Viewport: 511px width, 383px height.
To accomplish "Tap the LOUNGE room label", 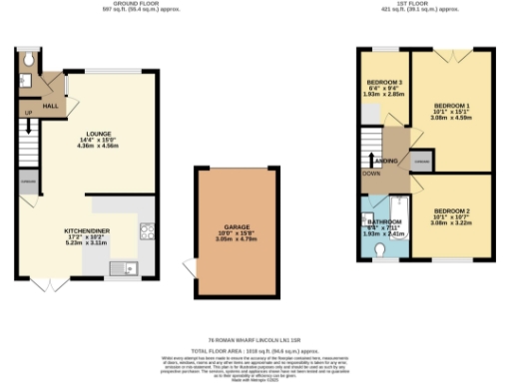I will (97, 133).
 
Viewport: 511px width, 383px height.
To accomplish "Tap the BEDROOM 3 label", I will (384, 81).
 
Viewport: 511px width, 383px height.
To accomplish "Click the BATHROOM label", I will (383, 222).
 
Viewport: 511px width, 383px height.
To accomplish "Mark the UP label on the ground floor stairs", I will (28, 113).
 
